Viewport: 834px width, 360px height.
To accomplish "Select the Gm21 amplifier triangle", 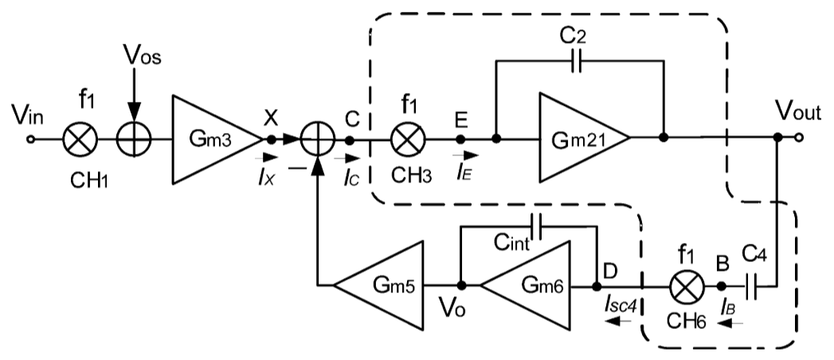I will [578, 138].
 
